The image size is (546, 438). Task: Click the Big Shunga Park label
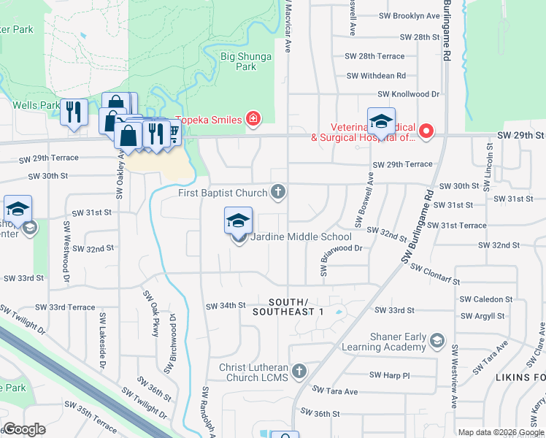(x=246, y=61)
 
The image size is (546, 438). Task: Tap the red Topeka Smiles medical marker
(x=253, y=118)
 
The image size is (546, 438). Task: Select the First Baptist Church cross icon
(x=277, y=193)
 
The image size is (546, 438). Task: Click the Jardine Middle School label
(x=301, y=237)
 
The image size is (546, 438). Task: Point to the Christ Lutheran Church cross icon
(x=299, y=372)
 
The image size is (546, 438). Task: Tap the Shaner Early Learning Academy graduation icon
(x=437, y=341)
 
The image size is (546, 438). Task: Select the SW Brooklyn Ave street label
(x=409, y=15)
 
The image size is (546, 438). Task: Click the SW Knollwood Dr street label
(x=409, y=94)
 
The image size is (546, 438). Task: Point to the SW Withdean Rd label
(x=376, y=75)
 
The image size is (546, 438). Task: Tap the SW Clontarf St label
(x=435, y=274)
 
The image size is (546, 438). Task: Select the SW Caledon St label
(x=486, y=299)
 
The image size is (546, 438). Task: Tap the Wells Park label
(x=36, y=105)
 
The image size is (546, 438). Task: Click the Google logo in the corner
(x=24, y=429)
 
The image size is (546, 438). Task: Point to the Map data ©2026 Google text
(x=500, y=432)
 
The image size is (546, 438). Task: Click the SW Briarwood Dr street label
(x=342, y=252)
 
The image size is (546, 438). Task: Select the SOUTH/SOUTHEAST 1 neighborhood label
(x=297, y=307)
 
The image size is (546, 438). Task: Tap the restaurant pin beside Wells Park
(x=74, y=112)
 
